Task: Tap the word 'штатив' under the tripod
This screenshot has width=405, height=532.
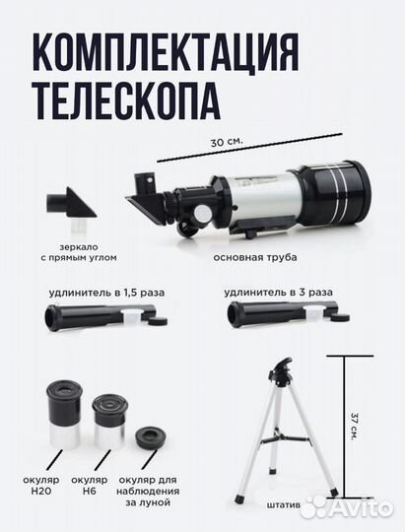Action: [280, 508]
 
